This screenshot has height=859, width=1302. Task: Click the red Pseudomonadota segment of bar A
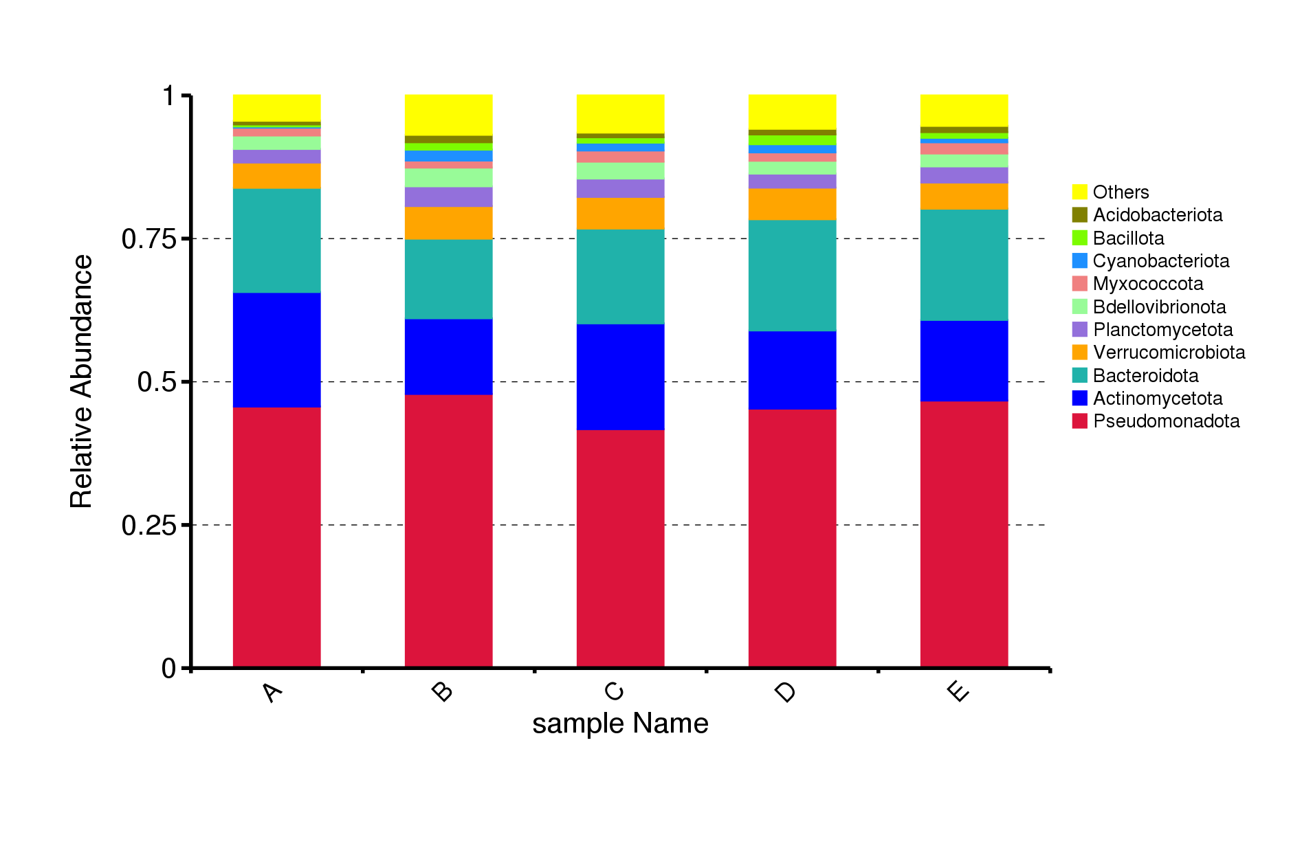[x=276, y=537]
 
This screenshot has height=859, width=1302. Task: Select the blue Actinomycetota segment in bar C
[x=620, y=377]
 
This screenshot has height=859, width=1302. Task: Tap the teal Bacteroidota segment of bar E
[x=964, y=265]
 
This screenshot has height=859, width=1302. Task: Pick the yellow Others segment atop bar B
[x=448, y=115]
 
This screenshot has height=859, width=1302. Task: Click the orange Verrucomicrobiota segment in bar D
[x=792, y=204]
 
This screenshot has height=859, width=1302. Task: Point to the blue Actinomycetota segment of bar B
[x=448, y=357]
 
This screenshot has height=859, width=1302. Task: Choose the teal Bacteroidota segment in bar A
[x=276, y=241]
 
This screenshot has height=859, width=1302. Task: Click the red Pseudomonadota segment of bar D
[x=792, y=539]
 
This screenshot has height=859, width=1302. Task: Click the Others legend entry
[x=1110, y=192]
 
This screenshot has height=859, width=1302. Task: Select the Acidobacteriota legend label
[x=1158, y=215]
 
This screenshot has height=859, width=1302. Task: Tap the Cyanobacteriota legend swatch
[x=1079, y=261]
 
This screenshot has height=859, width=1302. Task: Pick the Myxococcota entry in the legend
[x=1138, y=284]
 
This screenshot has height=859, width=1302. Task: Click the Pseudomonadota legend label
[x=1167, y=421]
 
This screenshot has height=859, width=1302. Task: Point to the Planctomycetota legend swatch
[x=1079, y=330]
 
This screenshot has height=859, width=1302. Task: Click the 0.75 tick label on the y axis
[x=149, y=239]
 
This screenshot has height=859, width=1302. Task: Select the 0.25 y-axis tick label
[x=149, y=526]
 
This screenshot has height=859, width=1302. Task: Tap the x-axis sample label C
[x=614, y=691]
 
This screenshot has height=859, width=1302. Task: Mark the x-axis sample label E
[x=958, y=691]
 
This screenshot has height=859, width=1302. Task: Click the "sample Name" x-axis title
[x=620, y=724]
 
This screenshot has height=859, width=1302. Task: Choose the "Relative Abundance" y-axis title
[x=81, y=381]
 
